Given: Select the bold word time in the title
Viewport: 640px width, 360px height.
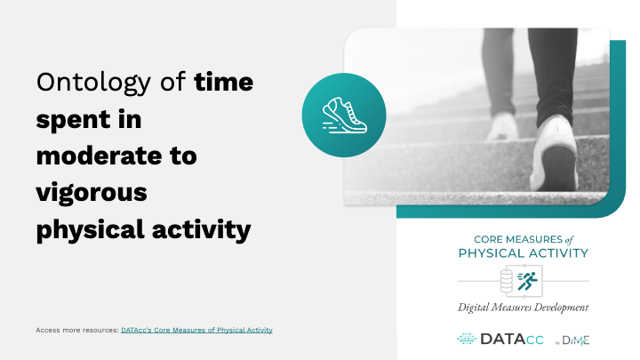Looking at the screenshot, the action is click(x=224, y=82).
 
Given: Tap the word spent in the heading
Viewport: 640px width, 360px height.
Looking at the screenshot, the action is click(x=74, y=120).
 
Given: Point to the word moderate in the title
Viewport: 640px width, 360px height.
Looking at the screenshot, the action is click(x=100, y=156).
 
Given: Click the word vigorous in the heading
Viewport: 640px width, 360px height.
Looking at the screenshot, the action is click(x=92, y=194).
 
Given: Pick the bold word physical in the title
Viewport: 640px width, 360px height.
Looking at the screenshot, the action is click(x=91, y=230).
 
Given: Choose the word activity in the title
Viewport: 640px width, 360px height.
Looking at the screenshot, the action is click(x=202, y=230).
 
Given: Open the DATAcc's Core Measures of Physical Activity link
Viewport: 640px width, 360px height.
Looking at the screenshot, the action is click(x=196, y=330).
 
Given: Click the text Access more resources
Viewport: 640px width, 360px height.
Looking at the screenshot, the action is click(x=77, y=330).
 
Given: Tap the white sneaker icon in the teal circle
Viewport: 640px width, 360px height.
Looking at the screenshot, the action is click(x=345, y=116).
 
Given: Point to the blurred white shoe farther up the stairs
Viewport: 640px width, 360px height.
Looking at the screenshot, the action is click(x=502, y=126).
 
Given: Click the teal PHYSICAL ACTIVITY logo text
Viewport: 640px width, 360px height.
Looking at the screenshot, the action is click(x=524, y=253).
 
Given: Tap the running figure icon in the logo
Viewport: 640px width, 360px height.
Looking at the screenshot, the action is click(x=528, y=281).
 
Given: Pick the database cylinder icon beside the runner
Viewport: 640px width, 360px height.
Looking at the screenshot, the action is click(x=507, y=281).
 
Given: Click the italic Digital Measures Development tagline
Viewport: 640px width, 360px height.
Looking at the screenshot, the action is click(x=524, y=308).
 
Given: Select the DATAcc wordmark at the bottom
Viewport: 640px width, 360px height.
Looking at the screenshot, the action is click(x=512, y=340).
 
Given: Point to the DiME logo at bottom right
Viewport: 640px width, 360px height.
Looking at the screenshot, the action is click(x=572, y=340).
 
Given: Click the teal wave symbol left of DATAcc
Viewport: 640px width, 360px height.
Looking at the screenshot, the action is click(x=467, y=339).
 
